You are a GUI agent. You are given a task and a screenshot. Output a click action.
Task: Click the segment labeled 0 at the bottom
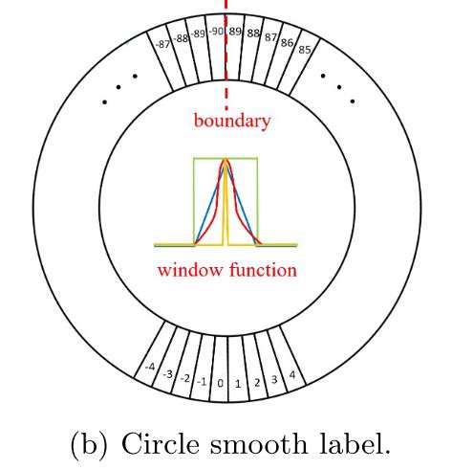click(221, 383)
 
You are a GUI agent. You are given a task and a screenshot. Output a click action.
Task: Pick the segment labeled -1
click(203, 382)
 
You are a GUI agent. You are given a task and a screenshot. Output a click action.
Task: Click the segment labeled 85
click(304, 49)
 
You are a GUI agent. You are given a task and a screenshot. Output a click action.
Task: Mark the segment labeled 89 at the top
click(235, 32)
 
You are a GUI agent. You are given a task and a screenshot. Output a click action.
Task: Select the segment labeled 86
click(288, 42)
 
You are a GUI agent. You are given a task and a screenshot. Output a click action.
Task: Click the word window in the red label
click(191, 270)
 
